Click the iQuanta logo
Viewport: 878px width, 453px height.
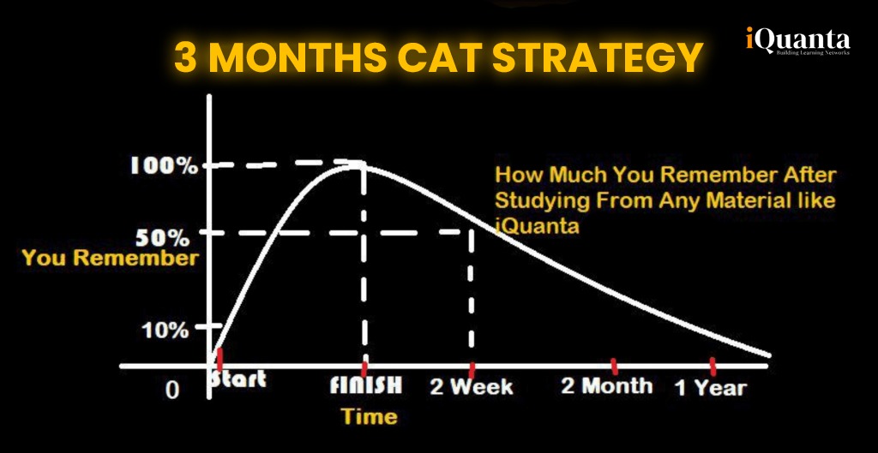[x=798, y=41]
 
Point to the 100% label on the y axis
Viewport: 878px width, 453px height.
[x=164, y=166]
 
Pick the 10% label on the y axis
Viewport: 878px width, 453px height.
[x=165, y=331]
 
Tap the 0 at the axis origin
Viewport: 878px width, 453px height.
[x=174, y=390]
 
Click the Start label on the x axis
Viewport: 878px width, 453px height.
[x=238, y=379]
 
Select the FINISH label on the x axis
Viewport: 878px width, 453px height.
[x=365, y=386]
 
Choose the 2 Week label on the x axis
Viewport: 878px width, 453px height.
[x=472, y=386]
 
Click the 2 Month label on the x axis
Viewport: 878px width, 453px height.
[x=607, y=386]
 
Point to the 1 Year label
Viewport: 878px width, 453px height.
[x=711, y=388]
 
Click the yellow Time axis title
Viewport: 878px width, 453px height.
[x=370, y=417]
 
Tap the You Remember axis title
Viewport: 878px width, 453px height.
[x=111, y=259]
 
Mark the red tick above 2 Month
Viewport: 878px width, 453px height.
[x=614, y=367]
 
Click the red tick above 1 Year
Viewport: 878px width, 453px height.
[x=713, y=367]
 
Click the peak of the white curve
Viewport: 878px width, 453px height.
[x=356, y=164]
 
